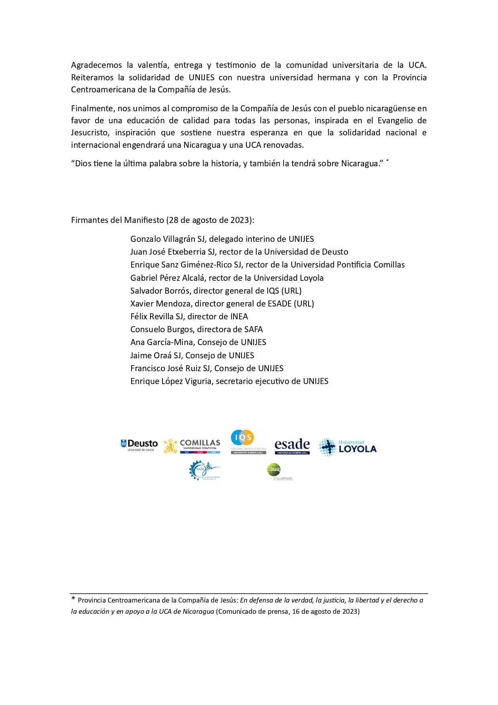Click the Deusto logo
[x=139, y=445]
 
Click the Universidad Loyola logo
[x=348, y=447]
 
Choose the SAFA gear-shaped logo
[x=204, y=470]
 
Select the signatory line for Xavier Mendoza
[x=222, y=304]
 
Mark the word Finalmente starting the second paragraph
[x=92, y=108]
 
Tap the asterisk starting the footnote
[x=73, y=599]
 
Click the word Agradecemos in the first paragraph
[x=96, y=65]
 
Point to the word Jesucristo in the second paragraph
[x=90, y=133]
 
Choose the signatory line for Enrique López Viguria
[x=229, y=381]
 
